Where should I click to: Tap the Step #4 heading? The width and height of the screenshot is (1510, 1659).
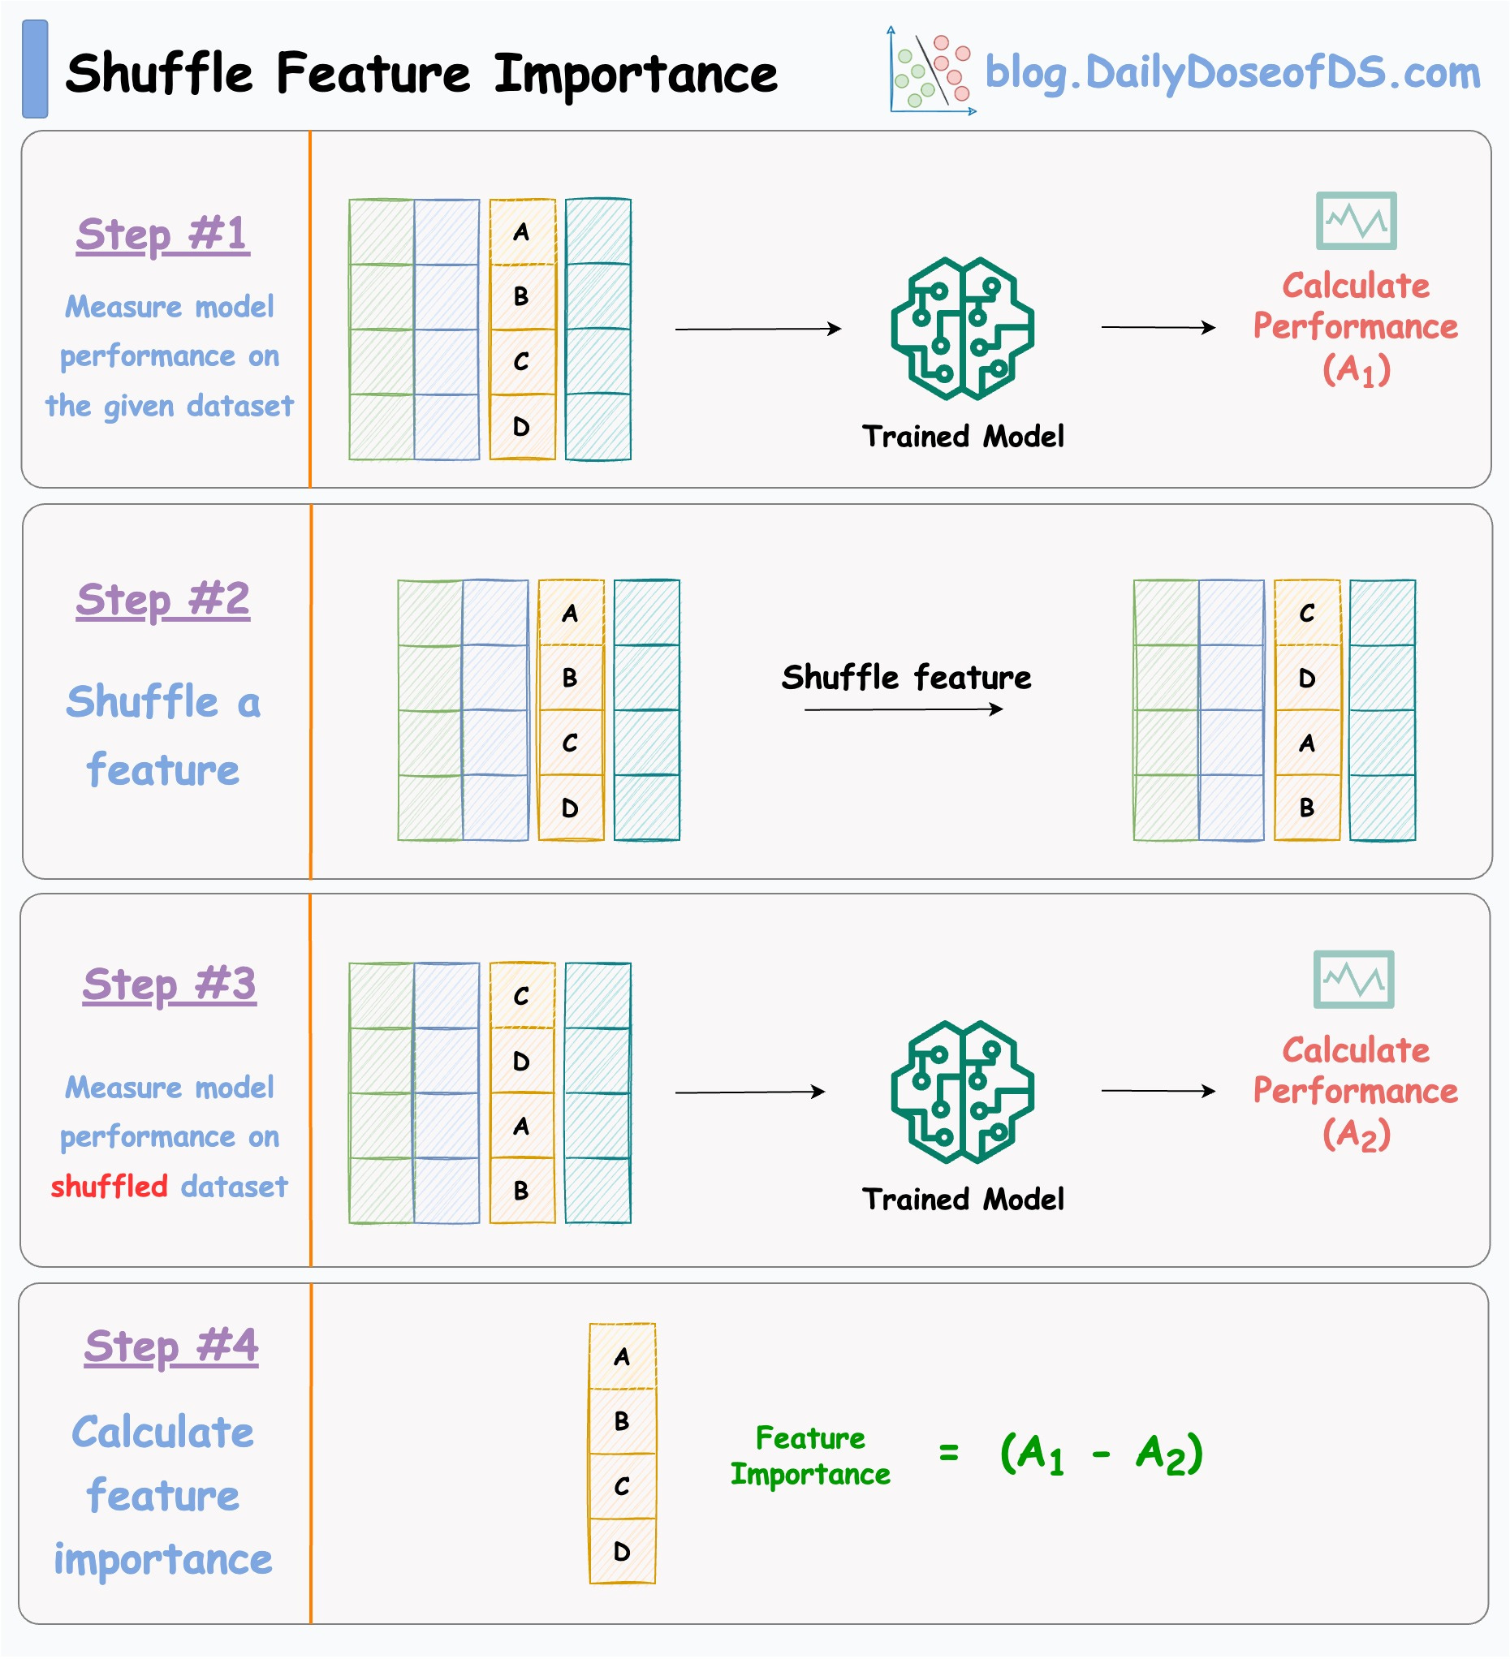click(x=171, y=1347)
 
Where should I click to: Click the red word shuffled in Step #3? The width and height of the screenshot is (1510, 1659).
click(x=109, y=1187)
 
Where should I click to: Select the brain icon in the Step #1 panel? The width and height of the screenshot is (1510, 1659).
click(x=962, y=329)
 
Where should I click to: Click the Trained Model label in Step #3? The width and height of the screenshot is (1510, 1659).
click(x=962, y=1199)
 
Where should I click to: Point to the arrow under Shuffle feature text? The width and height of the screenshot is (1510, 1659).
click(x=904, y=709)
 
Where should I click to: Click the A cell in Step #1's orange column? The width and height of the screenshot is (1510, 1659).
click(x=522, y=232)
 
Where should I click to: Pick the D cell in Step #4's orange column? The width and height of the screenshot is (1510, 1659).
click(x=622, y=1551)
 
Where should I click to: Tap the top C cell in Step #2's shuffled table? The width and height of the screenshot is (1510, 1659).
click(x=1306, y=613)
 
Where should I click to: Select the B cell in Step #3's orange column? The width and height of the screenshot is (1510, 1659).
click(x=522, y=1190)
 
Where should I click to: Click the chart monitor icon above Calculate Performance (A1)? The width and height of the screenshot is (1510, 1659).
click(x=1355, y=221)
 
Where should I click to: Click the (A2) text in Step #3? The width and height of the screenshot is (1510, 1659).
click(x=1355, y=1134)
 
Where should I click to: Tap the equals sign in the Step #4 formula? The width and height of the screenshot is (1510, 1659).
click(x=948, y=1454)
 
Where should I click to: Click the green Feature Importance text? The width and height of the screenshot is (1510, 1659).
click(x=809, y=1456)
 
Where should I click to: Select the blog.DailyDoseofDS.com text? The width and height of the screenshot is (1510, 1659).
click(x=1232, y=72)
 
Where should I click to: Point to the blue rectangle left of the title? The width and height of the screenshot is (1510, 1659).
click(x=35, y=69)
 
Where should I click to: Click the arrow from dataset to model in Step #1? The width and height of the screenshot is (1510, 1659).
click(x=757, y=330)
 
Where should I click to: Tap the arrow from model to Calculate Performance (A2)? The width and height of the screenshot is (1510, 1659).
click(x=1157, y=1091)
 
